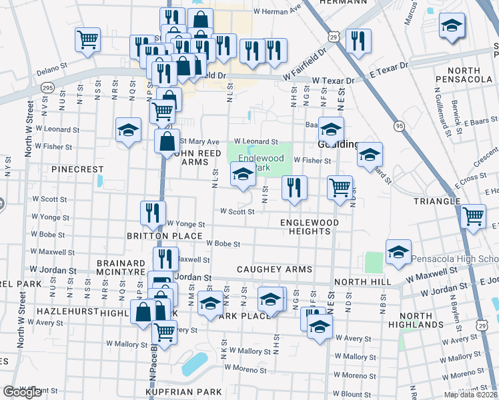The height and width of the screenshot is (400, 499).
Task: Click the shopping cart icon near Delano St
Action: tap(87, 40)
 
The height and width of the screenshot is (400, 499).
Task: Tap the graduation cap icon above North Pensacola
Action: tap(452, 27)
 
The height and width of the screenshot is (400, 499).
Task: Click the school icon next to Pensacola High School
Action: tap(398, 252)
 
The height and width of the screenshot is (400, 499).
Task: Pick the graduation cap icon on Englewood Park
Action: tap(243, 176)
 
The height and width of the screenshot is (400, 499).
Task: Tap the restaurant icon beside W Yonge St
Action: tap(153, 213)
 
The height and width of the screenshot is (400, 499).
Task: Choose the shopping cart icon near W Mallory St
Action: tap(164, 332)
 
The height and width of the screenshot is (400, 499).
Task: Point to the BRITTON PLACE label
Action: tap(164, 236)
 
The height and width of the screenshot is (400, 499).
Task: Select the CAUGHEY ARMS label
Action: tap(275, 269)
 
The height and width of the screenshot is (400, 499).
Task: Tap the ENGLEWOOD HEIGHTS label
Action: tap(310, 227)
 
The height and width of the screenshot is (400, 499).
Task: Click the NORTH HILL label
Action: tap(362, 282)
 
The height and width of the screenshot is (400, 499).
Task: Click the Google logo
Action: tap(22, 392)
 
